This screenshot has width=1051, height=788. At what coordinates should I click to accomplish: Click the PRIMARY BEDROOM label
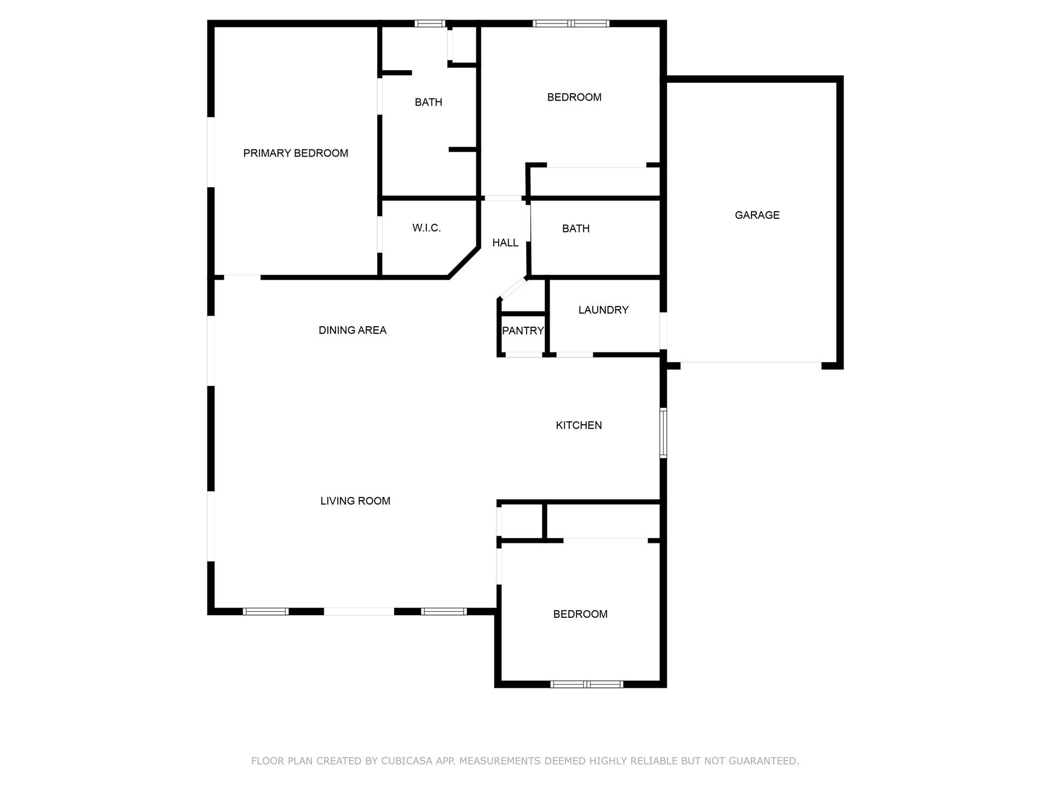pyautogui.click(x=296, y=153)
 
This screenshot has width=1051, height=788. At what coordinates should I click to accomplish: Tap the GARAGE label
pyautogui.click(x=757, y=215)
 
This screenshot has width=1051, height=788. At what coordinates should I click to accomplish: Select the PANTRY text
pyautogui.click(x=523, y=331)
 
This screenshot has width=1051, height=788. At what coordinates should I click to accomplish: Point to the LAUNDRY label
pyautogui.click(x=603, y=310)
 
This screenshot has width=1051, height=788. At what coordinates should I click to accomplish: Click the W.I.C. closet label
pyautogui.click(x=426, y=228)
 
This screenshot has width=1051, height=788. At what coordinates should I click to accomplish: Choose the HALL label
pyautogui.click(x=505, y=243)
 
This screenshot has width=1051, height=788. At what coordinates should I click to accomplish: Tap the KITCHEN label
pyautogui.click(x=579, y=425)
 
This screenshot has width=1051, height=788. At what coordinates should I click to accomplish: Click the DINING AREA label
pyautogui.click(x=353, y=330)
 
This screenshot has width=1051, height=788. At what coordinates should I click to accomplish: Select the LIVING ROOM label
pyautogui.click(x=355, y=501)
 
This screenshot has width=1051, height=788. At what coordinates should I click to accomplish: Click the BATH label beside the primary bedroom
pyautogui.click(x=428, y=102)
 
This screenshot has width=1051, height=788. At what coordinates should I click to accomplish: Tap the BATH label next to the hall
pyautogui.click(x=576, y=229)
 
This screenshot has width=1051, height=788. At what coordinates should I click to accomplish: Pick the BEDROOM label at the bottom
pyautogui.click(x=580, y=614)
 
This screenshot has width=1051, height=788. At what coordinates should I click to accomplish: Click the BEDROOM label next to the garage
pyautogui.click(x=574, y=97)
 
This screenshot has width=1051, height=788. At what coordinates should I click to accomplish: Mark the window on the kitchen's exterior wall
pyautogui.click(x=663, y=432)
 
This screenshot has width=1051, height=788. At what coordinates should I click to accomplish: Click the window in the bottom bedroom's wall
pyautogui.click(x=586, y=684)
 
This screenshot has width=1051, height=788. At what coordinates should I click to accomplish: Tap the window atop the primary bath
pyautogui.click(x=430, y=24)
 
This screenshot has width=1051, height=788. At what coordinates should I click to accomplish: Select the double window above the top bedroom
pyautogui.click(x=571, y=24)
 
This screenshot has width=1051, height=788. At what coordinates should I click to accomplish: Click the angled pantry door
pyautogui.click(x=513, y=289)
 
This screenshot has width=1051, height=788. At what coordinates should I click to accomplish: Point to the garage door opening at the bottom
pyautogui.click(x=750, y=363)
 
